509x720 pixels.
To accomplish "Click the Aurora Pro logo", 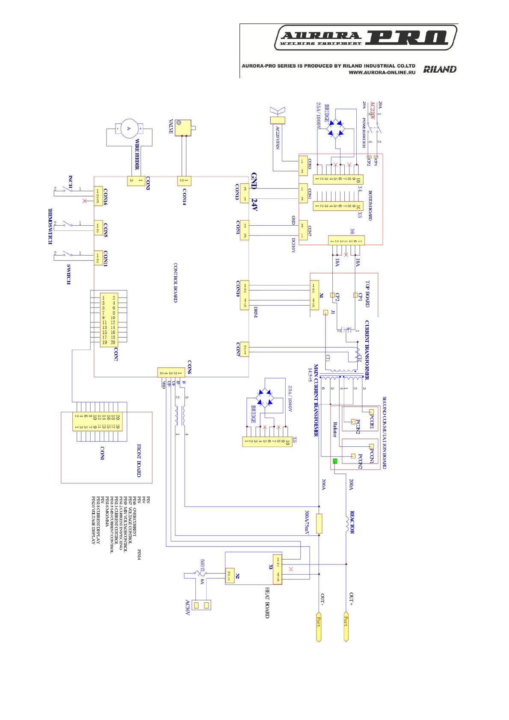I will pyautogui.click(x=365, y=38).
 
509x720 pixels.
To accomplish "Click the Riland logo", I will pyautogui.click(x=440, y=69).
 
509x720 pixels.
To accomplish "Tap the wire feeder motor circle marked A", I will pyautogui.click(x=129, y=128).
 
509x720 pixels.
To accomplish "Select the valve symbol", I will pyautogui.click(x=183, y=127).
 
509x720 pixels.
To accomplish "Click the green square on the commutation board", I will pyautogui.click(x=335, y=461).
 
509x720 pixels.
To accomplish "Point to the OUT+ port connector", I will pyautogui.click(x=346, y=626).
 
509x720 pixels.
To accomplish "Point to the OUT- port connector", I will pyautogui.click(x=319, y=626).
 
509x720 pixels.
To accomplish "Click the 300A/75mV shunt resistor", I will pyautogui.click(x=319, y=523).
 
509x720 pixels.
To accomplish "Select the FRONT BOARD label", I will pyautogui.click(x=139, y=460).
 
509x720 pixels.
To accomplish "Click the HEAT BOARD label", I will pyautogui.click(x=267, y=602).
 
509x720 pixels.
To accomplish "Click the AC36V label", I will pyautogui.click(x=187, y=607).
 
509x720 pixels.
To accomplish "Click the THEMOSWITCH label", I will pyautogui.click(x=50, y=226).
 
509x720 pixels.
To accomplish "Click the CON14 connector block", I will pyautogui.click(x=184, y=181).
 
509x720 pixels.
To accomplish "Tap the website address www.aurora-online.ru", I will pyautogui.click(x=382, y=73).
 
